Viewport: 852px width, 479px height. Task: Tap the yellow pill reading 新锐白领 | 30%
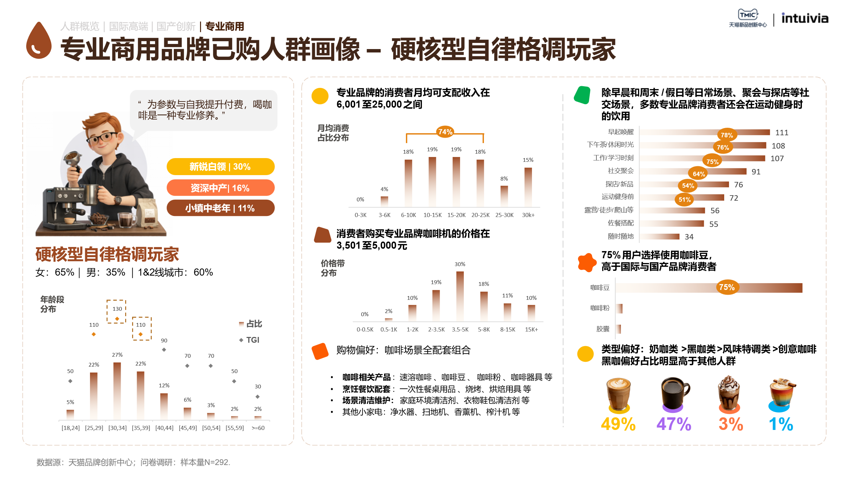(x=220, y=167)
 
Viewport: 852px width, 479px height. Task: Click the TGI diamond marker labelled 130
(x=117, y=319)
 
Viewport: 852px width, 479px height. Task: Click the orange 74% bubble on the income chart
(x=445, y=132)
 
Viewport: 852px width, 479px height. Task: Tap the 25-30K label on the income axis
(x=504, y=215)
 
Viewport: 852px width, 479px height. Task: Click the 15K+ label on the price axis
(x=531, y=329)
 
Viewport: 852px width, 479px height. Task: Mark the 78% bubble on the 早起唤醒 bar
(x=727, y=135)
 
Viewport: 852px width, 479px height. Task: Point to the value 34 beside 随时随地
(x=689, y=237)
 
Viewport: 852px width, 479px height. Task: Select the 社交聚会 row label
(x=621, y=171)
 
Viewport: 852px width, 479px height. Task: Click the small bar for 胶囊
(x=619, y=329)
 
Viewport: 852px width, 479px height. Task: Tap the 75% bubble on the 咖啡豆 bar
(x=727, y=288)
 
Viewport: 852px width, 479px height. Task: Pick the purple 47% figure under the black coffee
(x=673, y=424)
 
